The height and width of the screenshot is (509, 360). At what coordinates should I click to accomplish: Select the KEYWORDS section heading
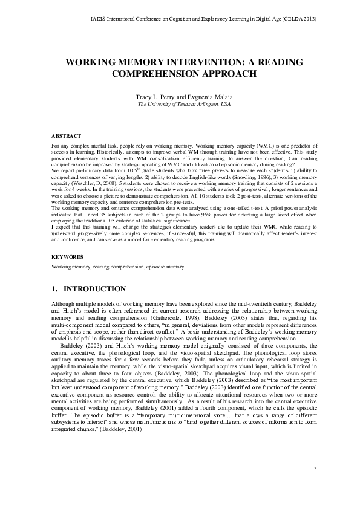click(x=67, y=257)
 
